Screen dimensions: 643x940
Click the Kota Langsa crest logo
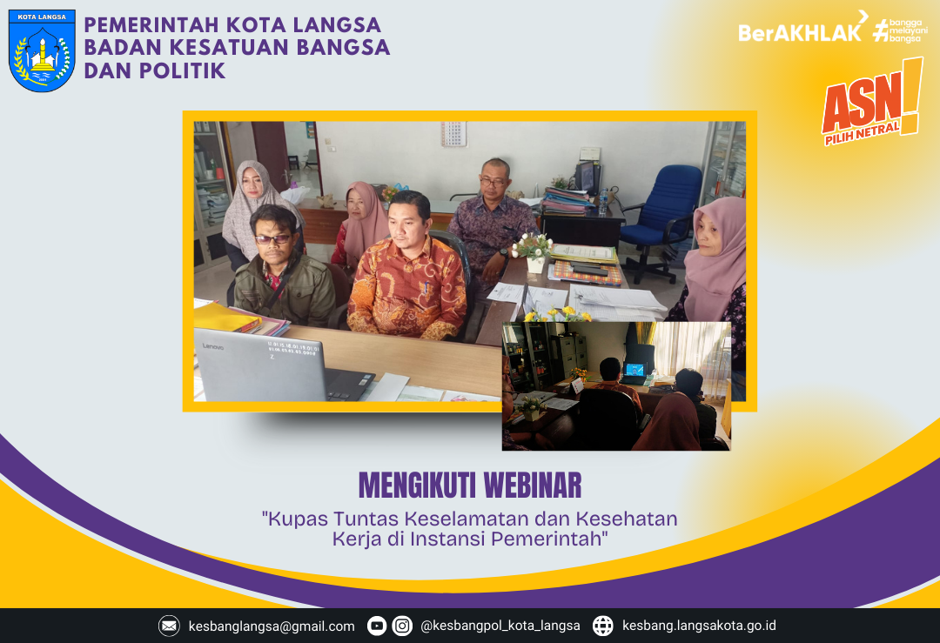pos(42,50)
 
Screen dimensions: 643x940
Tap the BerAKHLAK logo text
pos(799,31)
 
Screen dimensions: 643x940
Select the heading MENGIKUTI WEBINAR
pos(470,486)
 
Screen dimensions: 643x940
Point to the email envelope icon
pos(169,626)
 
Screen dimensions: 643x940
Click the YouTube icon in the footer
pos(377,626)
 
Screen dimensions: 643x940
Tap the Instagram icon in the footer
pos(402,626)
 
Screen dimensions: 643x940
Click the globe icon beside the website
pos(603,626)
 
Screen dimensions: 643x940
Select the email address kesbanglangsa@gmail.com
pos(272,626)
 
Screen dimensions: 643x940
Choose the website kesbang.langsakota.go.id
pos(699,626)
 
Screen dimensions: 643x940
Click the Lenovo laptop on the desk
pos(270,365)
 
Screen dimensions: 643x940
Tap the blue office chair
pos(666,209)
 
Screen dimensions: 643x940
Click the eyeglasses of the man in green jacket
pos(272,238)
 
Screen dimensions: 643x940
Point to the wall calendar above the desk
pos(453,132)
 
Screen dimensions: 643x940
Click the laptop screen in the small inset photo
pos(635,370)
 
